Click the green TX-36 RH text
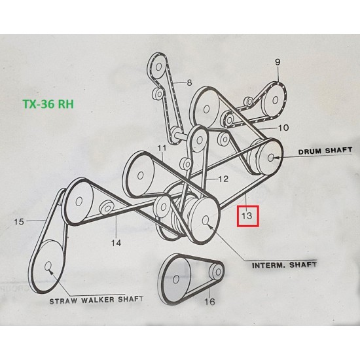coord(48,104)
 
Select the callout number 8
coord(189,82)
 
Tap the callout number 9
coord(278,62)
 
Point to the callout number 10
coord(283,128)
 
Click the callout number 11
coord(162,149)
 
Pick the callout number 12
coord(223,179)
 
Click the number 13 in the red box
coord(247,215)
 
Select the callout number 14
coord(116,243)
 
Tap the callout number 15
coord(19,222)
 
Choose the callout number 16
coord(209,302)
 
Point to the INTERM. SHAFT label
coord(284,265)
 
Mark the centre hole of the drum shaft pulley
coord(271,157)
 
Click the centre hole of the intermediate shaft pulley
coord(206,220)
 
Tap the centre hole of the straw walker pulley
coord(48,266)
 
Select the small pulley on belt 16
coord(216,272)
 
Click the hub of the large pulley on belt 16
coord(176,279)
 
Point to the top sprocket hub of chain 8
coord(158,67)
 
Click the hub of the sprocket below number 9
coord(275,100)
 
